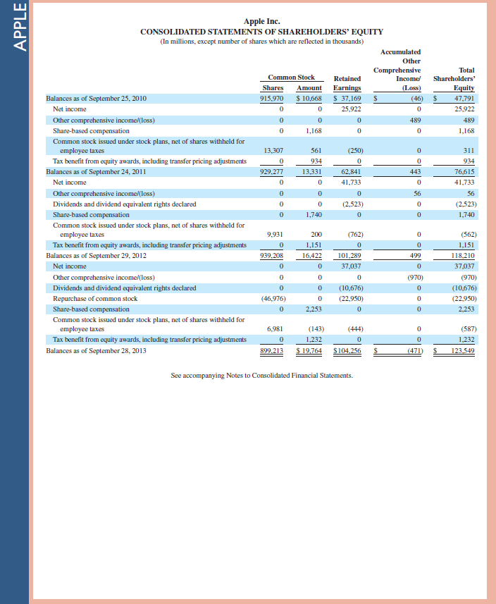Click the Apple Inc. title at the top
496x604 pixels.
tap(261, 22)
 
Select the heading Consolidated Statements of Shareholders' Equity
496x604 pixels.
tap(261, 32)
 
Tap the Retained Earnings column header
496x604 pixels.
tap(347, 82)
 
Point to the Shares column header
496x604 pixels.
tap(273, 87)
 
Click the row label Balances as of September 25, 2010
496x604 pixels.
tap(96, 99)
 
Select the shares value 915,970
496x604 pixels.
tap(272, 99)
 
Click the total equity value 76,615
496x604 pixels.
tap(464, 171)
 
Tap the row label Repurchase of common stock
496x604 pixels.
tap(95, 299)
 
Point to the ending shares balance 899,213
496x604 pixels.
tap(272, 350)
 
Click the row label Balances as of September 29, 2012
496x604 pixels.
tap(96, 255)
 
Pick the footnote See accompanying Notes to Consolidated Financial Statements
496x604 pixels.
tap(262, 376)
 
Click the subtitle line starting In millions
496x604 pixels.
tap(261, 41)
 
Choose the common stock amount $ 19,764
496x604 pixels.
tap(309, 350)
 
